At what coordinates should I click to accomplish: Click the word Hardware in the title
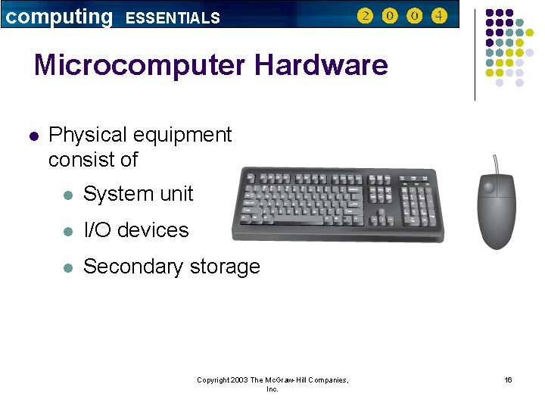pos(321,65)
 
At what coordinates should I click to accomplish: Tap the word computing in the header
pos(59,16)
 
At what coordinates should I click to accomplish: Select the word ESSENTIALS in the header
pos(173,17)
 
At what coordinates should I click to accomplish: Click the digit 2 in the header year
pos(365,16)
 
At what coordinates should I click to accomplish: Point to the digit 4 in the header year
pos(439,16)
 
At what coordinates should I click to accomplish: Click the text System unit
pos(139,194)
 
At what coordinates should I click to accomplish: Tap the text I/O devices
pos(136,230)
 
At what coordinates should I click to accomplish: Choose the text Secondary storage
pos(172,267)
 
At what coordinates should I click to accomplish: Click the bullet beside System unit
pos(67,195)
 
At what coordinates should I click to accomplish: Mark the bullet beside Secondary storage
pos(67,267)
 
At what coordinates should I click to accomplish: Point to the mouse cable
pos(496,163)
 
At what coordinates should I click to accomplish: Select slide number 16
pos(508,379)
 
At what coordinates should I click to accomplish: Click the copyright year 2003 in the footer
pos(238,379)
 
